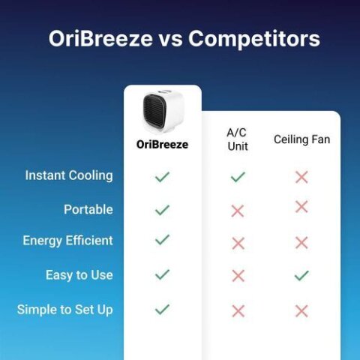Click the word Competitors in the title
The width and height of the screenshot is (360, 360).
click(x=253, y=39)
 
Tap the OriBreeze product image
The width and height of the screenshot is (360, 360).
click(x=163, y=112)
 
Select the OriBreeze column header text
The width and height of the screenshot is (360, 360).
click(x=162, y=145)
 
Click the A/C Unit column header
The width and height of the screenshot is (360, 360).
click(x=237, y=139)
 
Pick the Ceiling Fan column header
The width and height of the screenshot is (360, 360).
click(x=301, y=139)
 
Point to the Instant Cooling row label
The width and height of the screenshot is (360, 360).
click(x=69, y=175)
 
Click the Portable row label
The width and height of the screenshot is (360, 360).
click(x=88, y=209)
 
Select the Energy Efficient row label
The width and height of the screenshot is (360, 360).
click(x=68, y=241)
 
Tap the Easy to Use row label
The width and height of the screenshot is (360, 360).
click(x=79, y=275)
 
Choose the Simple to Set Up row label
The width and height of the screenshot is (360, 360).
click(x=65, y=309)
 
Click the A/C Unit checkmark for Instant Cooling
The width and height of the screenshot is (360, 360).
click(x=238, y=177)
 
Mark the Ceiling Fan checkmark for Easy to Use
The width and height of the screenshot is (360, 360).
click(x=301, y=276)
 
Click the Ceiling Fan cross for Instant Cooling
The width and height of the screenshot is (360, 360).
click(x=301, y=177)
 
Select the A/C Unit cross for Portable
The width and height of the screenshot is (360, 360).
click(x=238, y=211)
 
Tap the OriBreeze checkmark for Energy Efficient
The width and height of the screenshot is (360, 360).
click(x=162, y=240)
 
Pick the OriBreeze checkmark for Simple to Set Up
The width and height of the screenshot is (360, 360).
click(x=162, y=309)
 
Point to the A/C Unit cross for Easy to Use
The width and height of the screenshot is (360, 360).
click(x=238, y=276)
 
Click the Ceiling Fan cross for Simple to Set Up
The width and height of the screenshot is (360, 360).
click(x=301, y=310)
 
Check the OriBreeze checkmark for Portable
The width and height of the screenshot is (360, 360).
click(x=162, y=210)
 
